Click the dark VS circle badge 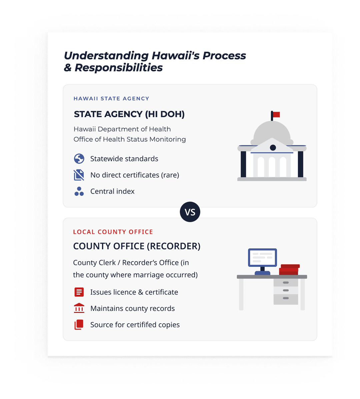[x=190, y=212]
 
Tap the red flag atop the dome [x=276, y=114]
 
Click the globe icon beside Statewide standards [x=79, y=158]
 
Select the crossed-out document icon [x=79, y=175]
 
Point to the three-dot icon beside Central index [x=79, y=191]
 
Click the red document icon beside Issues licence [x=79, y=292]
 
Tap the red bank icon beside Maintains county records [x=79, y=308]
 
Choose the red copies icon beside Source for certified [x=79, y=325]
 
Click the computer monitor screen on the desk [x=262, y=258]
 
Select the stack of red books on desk [x=289, y=270]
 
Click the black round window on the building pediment [x=273, y=147]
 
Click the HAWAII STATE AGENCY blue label [x=111, y=98]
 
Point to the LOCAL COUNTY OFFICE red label [x=113, y=232]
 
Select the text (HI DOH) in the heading [x=165, y=114]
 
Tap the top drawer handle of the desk [x=286, y=283]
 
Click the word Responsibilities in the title [x=118, y=68]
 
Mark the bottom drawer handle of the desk [x=286, y=298]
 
